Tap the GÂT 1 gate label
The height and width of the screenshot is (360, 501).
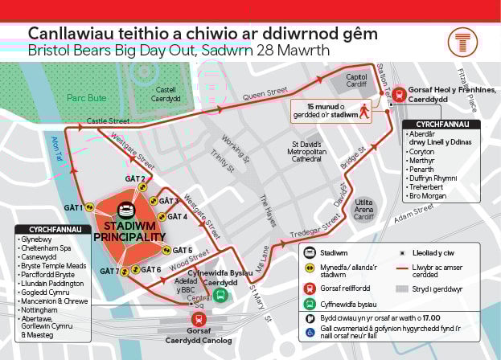(x=74, y=207)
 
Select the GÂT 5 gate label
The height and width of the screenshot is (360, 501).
(x=183, y=250)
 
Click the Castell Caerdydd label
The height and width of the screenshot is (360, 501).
(x=167, y=94)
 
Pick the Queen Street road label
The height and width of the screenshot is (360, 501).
(x=265, y=94)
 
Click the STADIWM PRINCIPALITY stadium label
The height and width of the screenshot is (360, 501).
(x=128, y=231)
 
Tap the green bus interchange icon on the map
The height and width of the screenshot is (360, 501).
(x=220, y=295)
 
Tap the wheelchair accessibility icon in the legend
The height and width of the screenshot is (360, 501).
(x=310, y=330)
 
